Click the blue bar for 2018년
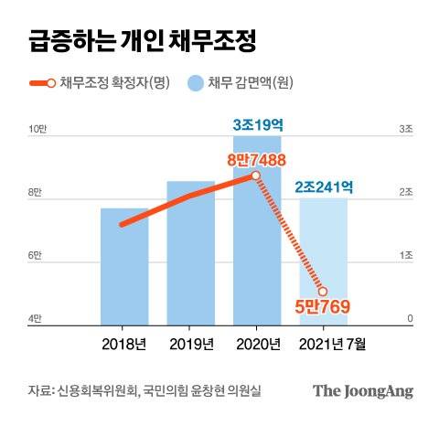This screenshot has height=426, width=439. [x=124, y=270]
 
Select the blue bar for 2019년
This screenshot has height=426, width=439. [x=190, y=261]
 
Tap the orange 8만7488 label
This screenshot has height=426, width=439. [x=257, y=159]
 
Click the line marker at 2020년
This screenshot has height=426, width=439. [x=257, y=176]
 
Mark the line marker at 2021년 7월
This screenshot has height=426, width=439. [x=323, y=291]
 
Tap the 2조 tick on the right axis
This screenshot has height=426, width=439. [x=405, y=192]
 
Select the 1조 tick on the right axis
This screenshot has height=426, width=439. [x=405, y=255]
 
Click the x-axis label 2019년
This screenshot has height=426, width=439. [x=190, y=344]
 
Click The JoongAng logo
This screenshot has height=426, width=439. [x=363, y=390]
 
